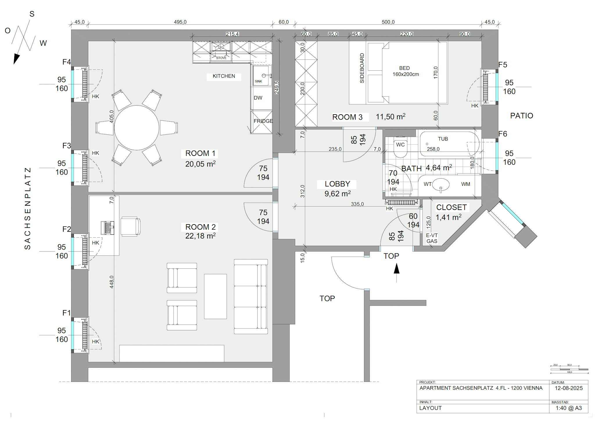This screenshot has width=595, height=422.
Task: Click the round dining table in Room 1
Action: [x=137, y=128]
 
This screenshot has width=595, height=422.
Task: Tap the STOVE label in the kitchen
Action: [x=221, y=58]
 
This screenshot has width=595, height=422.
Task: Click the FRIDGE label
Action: [x=263, y=121]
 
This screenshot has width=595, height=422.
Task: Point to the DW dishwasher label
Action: [x=258, y=98]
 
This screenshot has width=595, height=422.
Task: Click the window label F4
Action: [x=67, y=62]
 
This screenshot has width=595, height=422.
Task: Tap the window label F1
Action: [x=67, y=313]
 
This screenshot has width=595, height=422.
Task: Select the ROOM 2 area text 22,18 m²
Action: [x=200, y=236]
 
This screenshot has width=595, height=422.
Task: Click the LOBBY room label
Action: [x=337, y=184]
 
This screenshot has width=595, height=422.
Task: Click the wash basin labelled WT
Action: [x=440, y=184]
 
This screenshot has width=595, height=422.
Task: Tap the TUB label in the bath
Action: [x=443, y=139]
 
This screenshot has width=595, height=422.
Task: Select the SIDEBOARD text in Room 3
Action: [x=362, y=68]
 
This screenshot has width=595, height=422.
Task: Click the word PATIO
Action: [x=521, y=116]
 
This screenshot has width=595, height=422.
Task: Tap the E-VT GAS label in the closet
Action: [x=432, y=238]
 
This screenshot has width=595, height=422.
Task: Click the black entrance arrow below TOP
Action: [x=397, y=269]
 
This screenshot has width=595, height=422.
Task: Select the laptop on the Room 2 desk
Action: [x=107, y=228]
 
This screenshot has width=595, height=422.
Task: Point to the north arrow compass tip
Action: [x=15, y=61]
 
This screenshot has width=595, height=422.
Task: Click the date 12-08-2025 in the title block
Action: [x=569, y=388]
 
